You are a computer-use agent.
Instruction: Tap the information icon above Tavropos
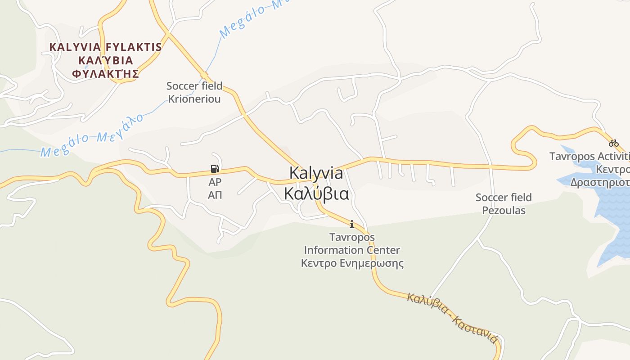[352, 224]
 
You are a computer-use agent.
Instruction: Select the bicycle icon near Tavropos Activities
[614, 144]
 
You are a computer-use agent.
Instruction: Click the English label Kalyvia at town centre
[316, 173]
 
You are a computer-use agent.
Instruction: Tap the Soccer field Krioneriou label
[194, 92]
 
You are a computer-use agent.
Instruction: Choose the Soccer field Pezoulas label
[504, 204]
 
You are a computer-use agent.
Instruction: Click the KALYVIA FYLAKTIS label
[105, 47]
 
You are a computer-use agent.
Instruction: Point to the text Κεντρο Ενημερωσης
[352, 263]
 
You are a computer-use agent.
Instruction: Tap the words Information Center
[352, 250]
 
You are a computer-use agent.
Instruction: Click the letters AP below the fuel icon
[215, 182]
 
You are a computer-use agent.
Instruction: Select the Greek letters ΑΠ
[215, 195]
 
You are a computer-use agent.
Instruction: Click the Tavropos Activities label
[589, 157]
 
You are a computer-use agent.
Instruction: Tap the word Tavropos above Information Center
[352, 237]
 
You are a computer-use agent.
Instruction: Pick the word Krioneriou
[194, 99]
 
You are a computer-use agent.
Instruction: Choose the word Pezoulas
[504, 211]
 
